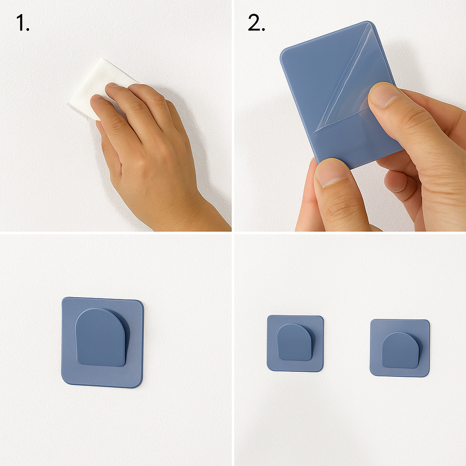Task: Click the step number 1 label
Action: (x=23, y=23)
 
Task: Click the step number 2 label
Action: (x=257, y=23)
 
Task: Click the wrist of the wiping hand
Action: (x=190, y=208)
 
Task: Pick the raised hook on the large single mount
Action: (x=101, y=337)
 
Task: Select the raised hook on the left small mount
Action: (x=294, y=342)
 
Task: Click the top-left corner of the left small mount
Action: (x=268, y=316)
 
